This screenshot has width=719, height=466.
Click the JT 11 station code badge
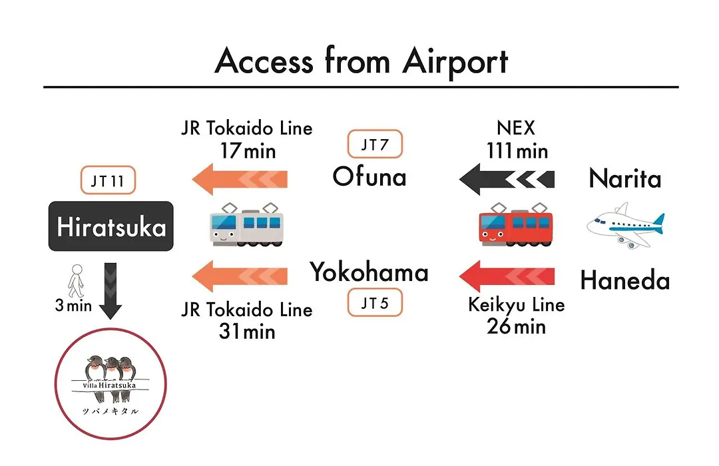tap(108, 180)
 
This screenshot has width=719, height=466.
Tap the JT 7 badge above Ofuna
tap(375, 144)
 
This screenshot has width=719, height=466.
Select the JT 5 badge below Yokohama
tap(375, 302)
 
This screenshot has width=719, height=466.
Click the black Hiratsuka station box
tap(111, 226)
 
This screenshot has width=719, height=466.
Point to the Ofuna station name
tap(369, 176)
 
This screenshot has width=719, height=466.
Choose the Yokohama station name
tap(369, 272)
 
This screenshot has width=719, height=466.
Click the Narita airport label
tap(625, 178)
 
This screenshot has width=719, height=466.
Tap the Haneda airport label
tap(625, 280)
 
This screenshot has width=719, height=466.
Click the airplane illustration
tap(625, 225)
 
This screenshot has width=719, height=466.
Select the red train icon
tap(515, 225)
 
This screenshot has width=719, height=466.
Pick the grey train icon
tap(247, 225)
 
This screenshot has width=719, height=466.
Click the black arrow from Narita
tap(507, 179)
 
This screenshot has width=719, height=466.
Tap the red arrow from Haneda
tap(507, 276)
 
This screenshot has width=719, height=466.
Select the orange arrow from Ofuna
tap(240, 179)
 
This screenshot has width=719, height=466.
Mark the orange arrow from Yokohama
tap(240, 276)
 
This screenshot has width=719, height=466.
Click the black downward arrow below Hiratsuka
tap(111, 291)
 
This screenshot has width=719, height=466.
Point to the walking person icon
tap(76, 281)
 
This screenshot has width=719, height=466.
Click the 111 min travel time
tap(517, 151)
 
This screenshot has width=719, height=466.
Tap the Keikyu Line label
tap(517, 305)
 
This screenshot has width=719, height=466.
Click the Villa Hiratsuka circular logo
tap(111, 383)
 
